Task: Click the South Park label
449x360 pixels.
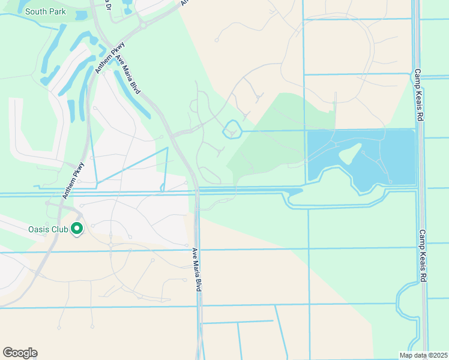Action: point(46,11)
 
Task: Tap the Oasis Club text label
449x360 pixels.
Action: point(47,229)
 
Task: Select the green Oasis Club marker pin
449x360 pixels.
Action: point(77,229)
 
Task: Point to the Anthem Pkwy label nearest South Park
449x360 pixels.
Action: point(110,58)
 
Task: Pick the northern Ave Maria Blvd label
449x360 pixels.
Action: point(128,74)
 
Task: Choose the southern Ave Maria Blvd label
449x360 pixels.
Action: point(196,269)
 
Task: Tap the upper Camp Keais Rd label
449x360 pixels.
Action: point(418,96)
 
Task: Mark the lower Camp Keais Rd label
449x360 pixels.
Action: point(423,256)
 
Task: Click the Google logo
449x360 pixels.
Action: point(20,353)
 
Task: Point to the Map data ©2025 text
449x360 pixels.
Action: point(423,355)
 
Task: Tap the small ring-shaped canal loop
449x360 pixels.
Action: point(231,129)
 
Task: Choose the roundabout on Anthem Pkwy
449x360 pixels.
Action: point(143,25)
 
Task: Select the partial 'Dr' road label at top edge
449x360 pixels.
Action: point(109,5)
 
